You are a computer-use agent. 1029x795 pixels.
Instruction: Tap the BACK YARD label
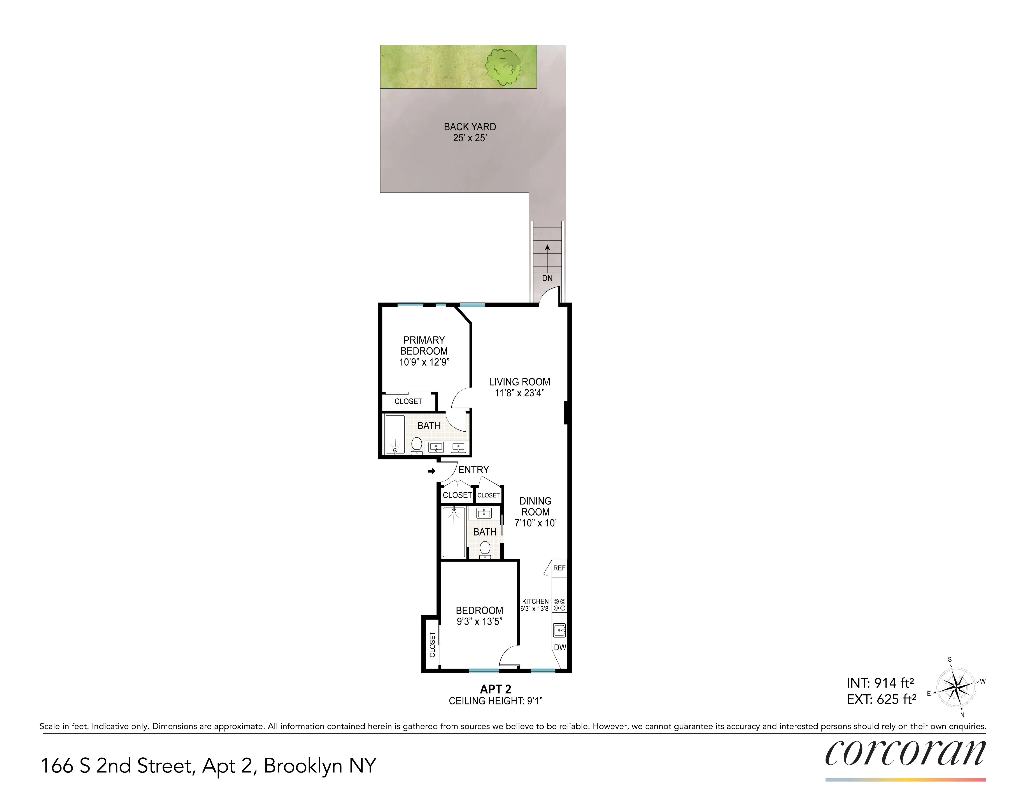(470, 127)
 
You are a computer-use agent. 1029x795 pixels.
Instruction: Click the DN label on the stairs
(547, 278)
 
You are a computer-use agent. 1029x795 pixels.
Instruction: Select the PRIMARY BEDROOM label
(424, 346)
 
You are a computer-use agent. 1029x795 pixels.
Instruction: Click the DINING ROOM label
(535, 507)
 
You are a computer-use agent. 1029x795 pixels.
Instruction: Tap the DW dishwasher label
(560, 648)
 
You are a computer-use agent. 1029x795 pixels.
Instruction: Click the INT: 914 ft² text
(880, 683)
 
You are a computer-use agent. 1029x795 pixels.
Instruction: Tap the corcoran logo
(905, 754)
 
